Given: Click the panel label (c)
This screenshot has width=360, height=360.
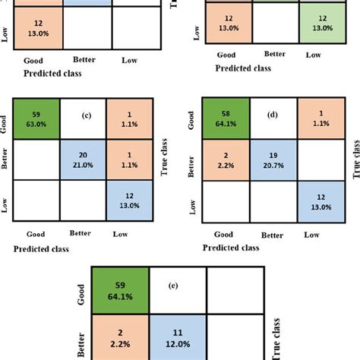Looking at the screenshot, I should pos(84,116).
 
